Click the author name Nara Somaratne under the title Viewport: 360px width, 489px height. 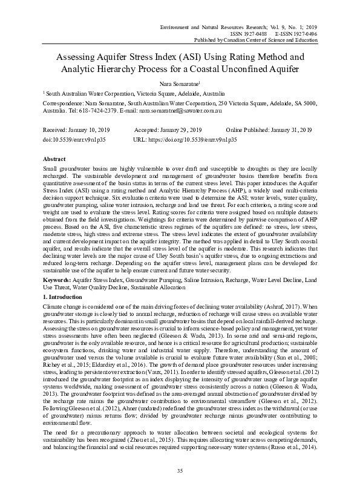pyautogui.click(x=179, y=84)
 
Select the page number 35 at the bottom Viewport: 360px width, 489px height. pyautogui.click(x=180, y=470)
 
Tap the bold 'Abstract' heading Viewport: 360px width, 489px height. pyautogui.click(x=55, y=157)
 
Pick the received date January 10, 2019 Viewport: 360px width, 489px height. pyautogui.click(x=88, y=130)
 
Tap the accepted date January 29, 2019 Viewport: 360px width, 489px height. pyautogui.click(x=180, y=130)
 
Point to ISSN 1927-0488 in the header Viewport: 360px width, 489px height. pyautogui.click(x=249, y=34)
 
